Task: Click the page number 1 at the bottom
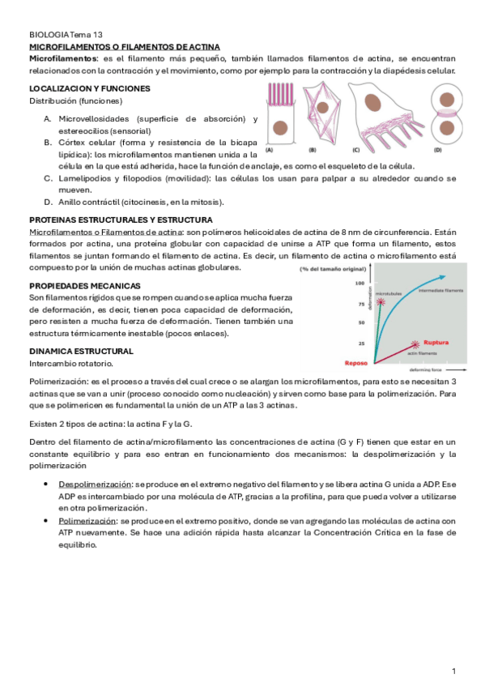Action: (x=454, y=671)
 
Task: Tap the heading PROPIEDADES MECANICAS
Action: (x=85, y=286)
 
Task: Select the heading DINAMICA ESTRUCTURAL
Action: (x=81, y=351)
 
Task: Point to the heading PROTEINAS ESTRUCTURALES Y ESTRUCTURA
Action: (x=121, y=220)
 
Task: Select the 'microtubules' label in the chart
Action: (x=389, y=294)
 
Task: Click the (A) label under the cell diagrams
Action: (x=270, y=150)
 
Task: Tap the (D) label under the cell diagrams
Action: (x=438, y=150)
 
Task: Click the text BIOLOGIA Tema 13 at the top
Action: (x=66, y=36)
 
